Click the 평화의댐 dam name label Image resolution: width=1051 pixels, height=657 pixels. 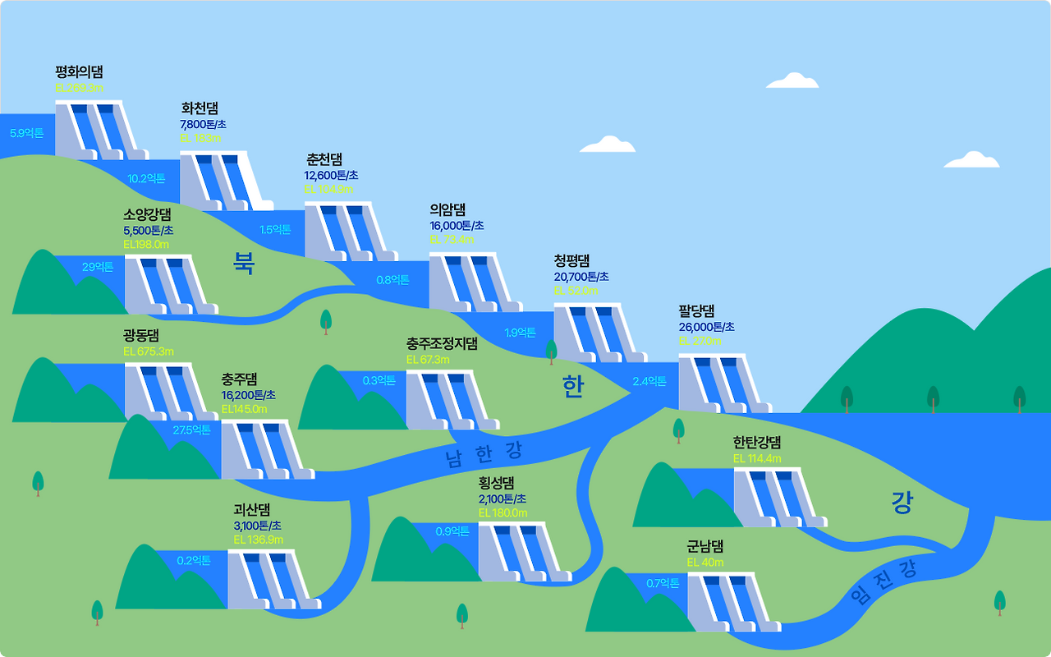click(79, 72)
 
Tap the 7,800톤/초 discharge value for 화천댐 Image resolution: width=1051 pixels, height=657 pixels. click(203, 124)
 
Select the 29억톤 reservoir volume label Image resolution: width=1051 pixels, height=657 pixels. click(98, 266)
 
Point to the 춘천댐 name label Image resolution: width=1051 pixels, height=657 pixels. click(324, 159)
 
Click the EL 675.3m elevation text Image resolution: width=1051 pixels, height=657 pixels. click(149, 351)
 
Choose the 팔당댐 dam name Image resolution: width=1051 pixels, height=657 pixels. click(696, 311)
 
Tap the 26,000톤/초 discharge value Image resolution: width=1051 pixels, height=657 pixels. click(706, 327)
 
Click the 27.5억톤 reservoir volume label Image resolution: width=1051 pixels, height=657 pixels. click(191, 430)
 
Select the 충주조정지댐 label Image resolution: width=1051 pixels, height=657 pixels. click(442, 343)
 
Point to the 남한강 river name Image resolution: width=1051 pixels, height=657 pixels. click(484, 453)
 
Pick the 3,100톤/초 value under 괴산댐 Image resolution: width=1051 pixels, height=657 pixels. click(257, 526)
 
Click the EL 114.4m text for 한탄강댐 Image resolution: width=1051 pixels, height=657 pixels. click(757, 458)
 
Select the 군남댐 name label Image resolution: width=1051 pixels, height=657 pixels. click(705, 546)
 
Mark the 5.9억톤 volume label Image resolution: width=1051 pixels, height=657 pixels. click(26, 133)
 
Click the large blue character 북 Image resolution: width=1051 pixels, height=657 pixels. click(245, 263)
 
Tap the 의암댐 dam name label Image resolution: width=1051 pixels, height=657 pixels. click(447, 209)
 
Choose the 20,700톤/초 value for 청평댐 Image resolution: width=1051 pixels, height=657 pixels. click(581, 277)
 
